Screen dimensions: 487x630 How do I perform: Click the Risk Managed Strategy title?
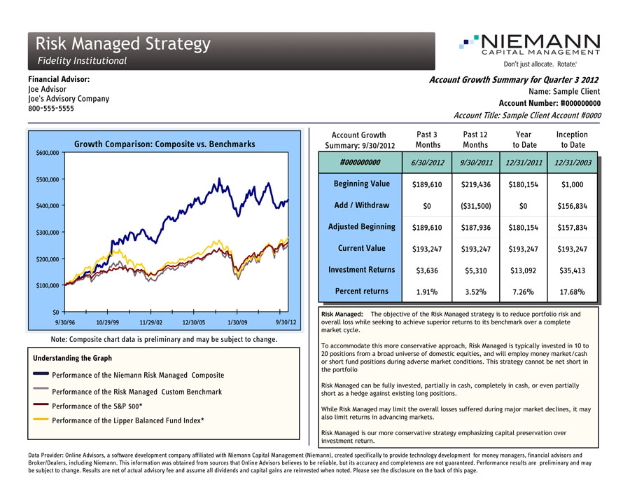[x=123, y=43]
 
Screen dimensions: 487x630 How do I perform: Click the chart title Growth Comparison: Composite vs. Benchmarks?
[x=164, y=144]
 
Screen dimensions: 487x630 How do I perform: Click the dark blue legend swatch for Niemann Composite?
[x=41, y=375]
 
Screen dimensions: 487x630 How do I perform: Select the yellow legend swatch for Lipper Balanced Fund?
[x=41, y=420]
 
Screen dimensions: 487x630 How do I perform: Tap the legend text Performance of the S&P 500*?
[x=98, y=406]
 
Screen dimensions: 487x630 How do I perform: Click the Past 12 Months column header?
[x=475, y=139]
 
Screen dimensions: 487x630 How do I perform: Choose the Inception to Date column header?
[x=572, y=139]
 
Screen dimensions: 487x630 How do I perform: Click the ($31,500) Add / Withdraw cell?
[x=475, y=205]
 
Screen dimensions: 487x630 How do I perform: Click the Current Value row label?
[x=361, y=248]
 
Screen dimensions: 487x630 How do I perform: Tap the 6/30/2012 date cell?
[x=427, y=163]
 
